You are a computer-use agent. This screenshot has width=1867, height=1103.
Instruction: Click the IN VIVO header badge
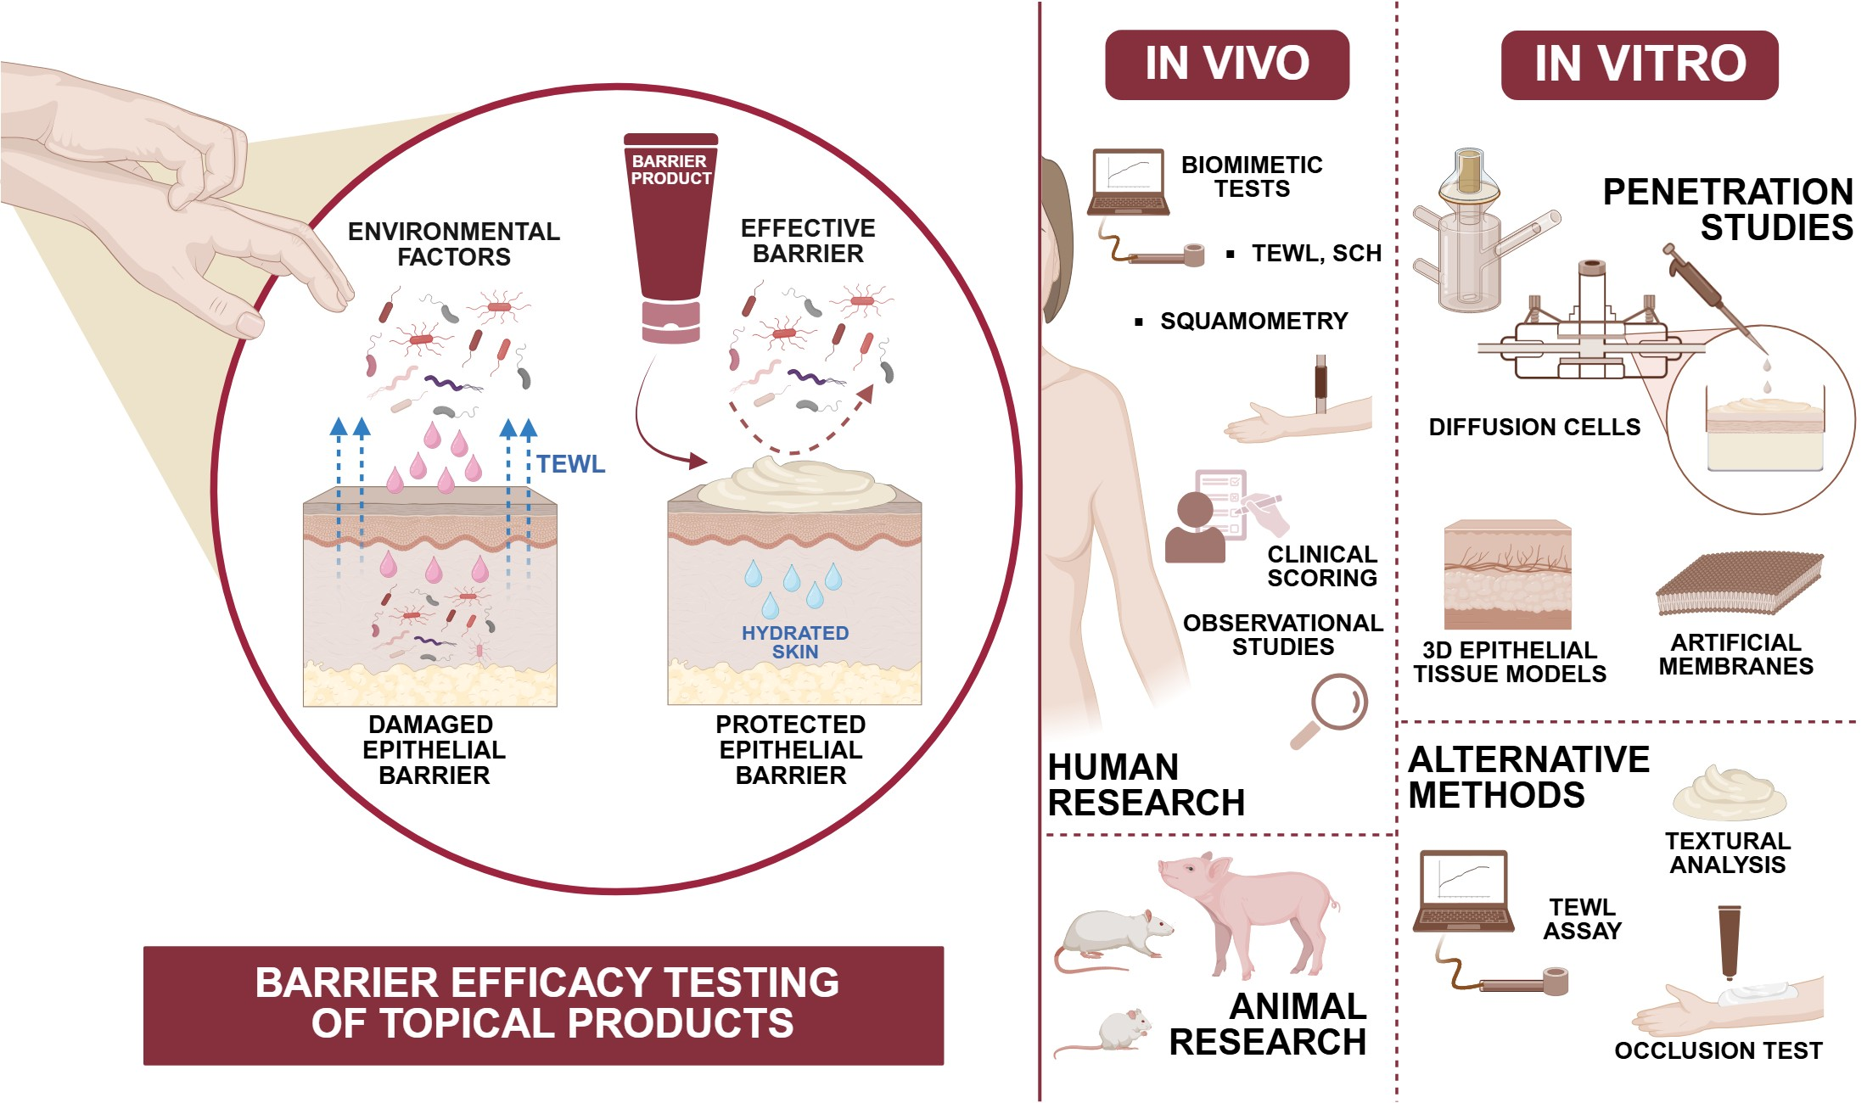click(1226, 64)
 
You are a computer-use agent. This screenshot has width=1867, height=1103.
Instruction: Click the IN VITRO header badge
click(1639, 64)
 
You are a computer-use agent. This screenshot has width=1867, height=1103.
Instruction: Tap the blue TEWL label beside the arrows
click(570, 464)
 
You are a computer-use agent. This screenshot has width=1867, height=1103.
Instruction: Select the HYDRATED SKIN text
click(794, 642)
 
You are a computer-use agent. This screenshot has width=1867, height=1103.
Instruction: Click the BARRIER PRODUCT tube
click(670, 238)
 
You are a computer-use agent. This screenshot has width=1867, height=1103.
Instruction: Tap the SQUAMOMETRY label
click(1253, 321)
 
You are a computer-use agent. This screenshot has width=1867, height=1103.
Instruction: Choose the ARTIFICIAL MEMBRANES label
click(1735, 654)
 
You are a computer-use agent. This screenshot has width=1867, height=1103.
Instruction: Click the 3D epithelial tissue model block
click(1507, 574)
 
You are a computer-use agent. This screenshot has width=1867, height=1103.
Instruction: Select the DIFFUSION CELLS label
click(1534, 427)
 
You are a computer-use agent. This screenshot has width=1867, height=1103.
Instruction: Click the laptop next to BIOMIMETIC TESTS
click(1129, 183)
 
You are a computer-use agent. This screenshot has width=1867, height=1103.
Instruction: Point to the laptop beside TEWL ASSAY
click(1463, 891)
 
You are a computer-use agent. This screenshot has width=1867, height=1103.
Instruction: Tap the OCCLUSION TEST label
click(1718, 1050)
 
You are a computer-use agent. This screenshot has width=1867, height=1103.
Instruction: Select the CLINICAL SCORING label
click(1321, 566)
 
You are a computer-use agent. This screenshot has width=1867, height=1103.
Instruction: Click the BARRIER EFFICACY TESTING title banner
click(543, 1005)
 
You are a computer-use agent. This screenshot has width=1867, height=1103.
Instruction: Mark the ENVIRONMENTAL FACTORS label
click(454, 244)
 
